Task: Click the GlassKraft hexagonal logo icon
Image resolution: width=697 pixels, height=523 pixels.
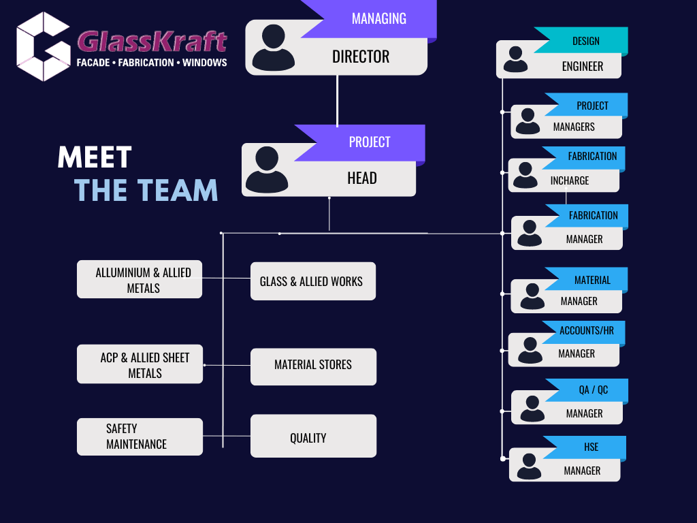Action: click(x=44, y=47)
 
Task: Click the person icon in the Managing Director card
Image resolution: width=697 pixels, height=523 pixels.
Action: click(x=274, y=48)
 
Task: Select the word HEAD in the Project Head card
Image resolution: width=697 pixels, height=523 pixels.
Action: click(x=362, y=178)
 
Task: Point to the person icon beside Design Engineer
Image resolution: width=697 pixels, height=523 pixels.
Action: click(x=516, y=59)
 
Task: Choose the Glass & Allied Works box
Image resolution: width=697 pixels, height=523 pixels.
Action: click(x=313, y=281)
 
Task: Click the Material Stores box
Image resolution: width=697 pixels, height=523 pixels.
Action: click(x=313, y=366)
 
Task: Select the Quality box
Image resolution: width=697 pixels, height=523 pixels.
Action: click(x=313, y=436)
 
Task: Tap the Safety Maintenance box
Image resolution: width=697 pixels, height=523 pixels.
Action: click(x=140, y=437)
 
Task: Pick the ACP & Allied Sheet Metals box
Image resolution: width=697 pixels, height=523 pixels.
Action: click(x=140, y=364)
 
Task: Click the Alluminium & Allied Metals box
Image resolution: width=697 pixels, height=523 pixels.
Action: click(x=139, y=279)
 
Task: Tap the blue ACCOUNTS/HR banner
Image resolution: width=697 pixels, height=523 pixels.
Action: click(x=584, y=332)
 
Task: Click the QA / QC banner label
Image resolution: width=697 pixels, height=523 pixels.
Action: click(x=593, y=390)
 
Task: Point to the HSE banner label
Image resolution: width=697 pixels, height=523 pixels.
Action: click(x=591, y=447)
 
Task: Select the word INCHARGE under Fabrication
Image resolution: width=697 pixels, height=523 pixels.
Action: click(x=570, y=180)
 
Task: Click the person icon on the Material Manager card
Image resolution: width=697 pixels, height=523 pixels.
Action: click(x=532, y=296)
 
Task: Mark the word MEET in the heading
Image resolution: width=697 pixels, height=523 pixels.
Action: click(x=95, y=157)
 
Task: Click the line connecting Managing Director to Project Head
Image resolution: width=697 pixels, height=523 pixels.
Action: click(x=338, y=101)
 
